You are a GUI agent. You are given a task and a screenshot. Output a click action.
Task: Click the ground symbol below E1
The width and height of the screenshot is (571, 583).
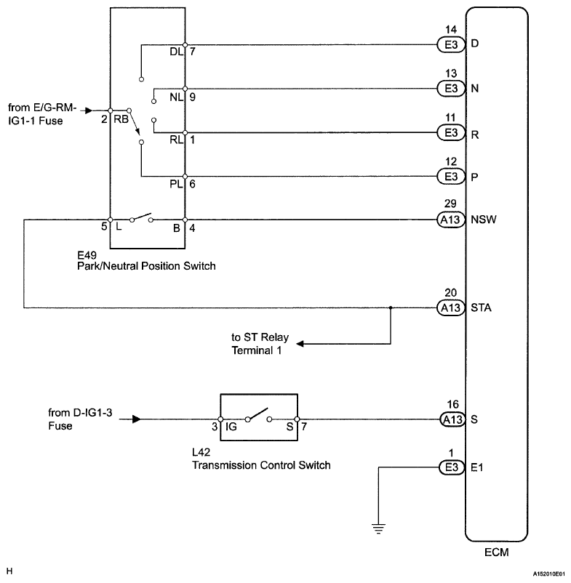(378, 528)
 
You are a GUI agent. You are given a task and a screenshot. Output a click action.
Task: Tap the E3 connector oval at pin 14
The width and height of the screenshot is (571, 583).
(451, 44)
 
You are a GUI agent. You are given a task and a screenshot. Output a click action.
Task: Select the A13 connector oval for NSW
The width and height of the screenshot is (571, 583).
(451, 220)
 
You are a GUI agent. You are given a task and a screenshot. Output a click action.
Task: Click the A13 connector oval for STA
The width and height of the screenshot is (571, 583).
(451, 308)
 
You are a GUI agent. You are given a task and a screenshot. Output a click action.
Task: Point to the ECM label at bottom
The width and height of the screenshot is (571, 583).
(496, 552)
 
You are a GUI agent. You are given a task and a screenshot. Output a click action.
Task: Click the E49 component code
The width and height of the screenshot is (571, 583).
(87, 255)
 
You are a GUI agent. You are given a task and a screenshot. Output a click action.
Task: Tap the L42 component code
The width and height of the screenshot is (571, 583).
(201, 452)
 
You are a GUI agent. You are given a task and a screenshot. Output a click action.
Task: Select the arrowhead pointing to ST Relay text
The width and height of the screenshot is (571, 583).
(300, 344)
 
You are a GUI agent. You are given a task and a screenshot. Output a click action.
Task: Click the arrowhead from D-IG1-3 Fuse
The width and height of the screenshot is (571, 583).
(137, 419)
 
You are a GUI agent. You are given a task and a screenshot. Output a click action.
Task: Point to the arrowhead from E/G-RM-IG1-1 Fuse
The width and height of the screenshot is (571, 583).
(89, 110)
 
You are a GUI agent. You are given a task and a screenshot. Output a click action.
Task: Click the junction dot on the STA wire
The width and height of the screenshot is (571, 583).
(391, 308)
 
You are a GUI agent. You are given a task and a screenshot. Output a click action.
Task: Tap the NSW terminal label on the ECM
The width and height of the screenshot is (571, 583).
(483, 220)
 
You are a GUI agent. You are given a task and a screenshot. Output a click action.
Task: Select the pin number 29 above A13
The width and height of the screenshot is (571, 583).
(450, 204)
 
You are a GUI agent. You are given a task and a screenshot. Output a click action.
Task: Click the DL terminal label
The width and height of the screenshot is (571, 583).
(176, 52)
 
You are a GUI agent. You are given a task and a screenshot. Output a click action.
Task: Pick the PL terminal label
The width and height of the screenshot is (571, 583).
(176, 184)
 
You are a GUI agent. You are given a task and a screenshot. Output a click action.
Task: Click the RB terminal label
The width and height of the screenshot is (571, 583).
(121, 119)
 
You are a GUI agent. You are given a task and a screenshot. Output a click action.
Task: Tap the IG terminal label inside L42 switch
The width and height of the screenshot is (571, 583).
(231, 427)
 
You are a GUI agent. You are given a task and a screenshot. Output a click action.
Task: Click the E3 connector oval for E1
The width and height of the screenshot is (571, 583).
(451, 467)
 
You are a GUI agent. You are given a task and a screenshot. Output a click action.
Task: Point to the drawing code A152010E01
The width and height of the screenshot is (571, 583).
(548, 574)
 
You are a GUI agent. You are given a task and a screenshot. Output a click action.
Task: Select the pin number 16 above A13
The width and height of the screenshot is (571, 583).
(452, 404)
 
